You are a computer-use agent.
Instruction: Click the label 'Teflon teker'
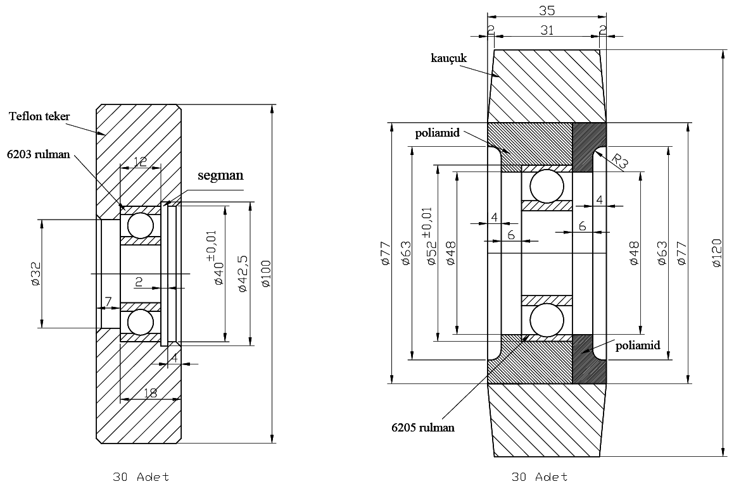(x=39, y=116)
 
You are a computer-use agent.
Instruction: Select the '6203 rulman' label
(x=38, y=153)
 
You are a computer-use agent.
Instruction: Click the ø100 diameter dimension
(x=265, y=273)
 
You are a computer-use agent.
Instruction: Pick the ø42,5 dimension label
(x=241, y=273)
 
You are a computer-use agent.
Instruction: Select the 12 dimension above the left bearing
(x=140, y=162)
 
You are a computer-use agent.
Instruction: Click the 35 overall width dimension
(x=547, y=11)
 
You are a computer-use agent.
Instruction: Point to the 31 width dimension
(x=547, y=29)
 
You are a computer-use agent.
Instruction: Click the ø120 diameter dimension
(x=716, y=252)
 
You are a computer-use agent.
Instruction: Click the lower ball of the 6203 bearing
(x=140, y=322)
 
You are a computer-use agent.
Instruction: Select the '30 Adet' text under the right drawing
(x=540, y=476)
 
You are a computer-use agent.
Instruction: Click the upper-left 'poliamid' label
(x=438, y=134)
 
